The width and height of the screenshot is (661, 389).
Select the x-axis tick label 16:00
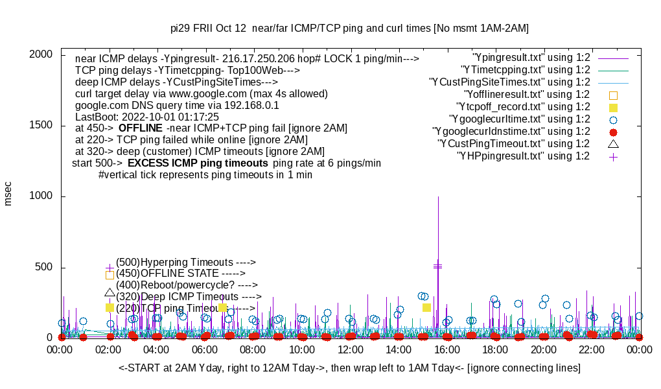(446, 349)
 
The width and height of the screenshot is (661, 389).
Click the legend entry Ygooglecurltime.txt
(518, 119)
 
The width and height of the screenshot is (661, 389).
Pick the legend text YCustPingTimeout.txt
(513, 144)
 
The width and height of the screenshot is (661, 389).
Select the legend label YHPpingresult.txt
(523, 156)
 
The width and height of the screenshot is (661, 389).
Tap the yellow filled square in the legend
(613, 108)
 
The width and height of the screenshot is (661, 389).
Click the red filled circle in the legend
(613, 132)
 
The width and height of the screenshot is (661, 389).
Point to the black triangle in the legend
(613, 143)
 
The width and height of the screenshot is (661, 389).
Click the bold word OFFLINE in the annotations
(140, 128)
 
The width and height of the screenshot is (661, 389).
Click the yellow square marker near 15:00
(426, 307)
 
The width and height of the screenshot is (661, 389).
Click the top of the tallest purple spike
(438, 196)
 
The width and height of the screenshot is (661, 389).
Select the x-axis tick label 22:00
(591, 349)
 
